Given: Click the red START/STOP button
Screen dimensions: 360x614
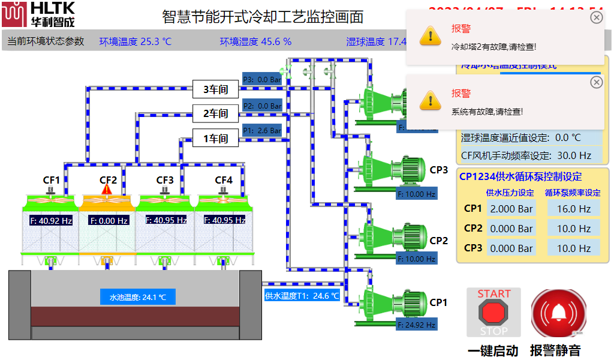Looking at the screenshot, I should [x=493, y=312].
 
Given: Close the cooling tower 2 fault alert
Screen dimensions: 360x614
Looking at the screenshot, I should [x=596, y=17].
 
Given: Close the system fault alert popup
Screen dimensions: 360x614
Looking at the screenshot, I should [x=596, y=82].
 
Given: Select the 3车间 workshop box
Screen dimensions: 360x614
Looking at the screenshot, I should [x=215, y=90].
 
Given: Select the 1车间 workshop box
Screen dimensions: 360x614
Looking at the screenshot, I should [x=215, y=139].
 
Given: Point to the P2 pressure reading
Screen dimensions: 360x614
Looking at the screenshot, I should [x=262, y=106].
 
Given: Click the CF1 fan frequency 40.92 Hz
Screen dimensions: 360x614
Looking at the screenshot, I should [x=51, y=221].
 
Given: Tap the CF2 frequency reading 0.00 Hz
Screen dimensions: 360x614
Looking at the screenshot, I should [x=109, y=221].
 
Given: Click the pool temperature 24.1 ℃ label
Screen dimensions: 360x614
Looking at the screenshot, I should [x=138, y=297].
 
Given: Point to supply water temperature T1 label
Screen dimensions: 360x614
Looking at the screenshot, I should [x=302, y=295].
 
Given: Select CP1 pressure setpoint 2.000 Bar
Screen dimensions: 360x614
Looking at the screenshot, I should [x=511, y=209].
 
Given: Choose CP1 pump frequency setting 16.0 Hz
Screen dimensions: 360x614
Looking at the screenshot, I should [x=574, y=209].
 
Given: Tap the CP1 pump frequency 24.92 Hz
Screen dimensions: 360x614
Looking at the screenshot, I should [x=417, y=325].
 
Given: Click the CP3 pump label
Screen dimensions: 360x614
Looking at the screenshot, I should [x=439, y=170].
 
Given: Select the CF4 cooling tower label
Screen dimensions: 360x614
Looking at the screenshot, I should [x=224, y=180].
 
